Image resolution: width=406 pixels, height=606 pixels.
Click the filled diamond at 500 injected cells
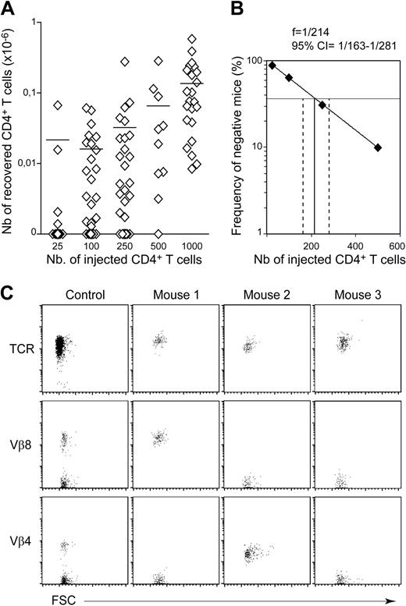pos(378,147)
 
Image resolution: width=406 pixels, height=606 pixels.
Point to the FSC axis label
pos(54,598)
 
